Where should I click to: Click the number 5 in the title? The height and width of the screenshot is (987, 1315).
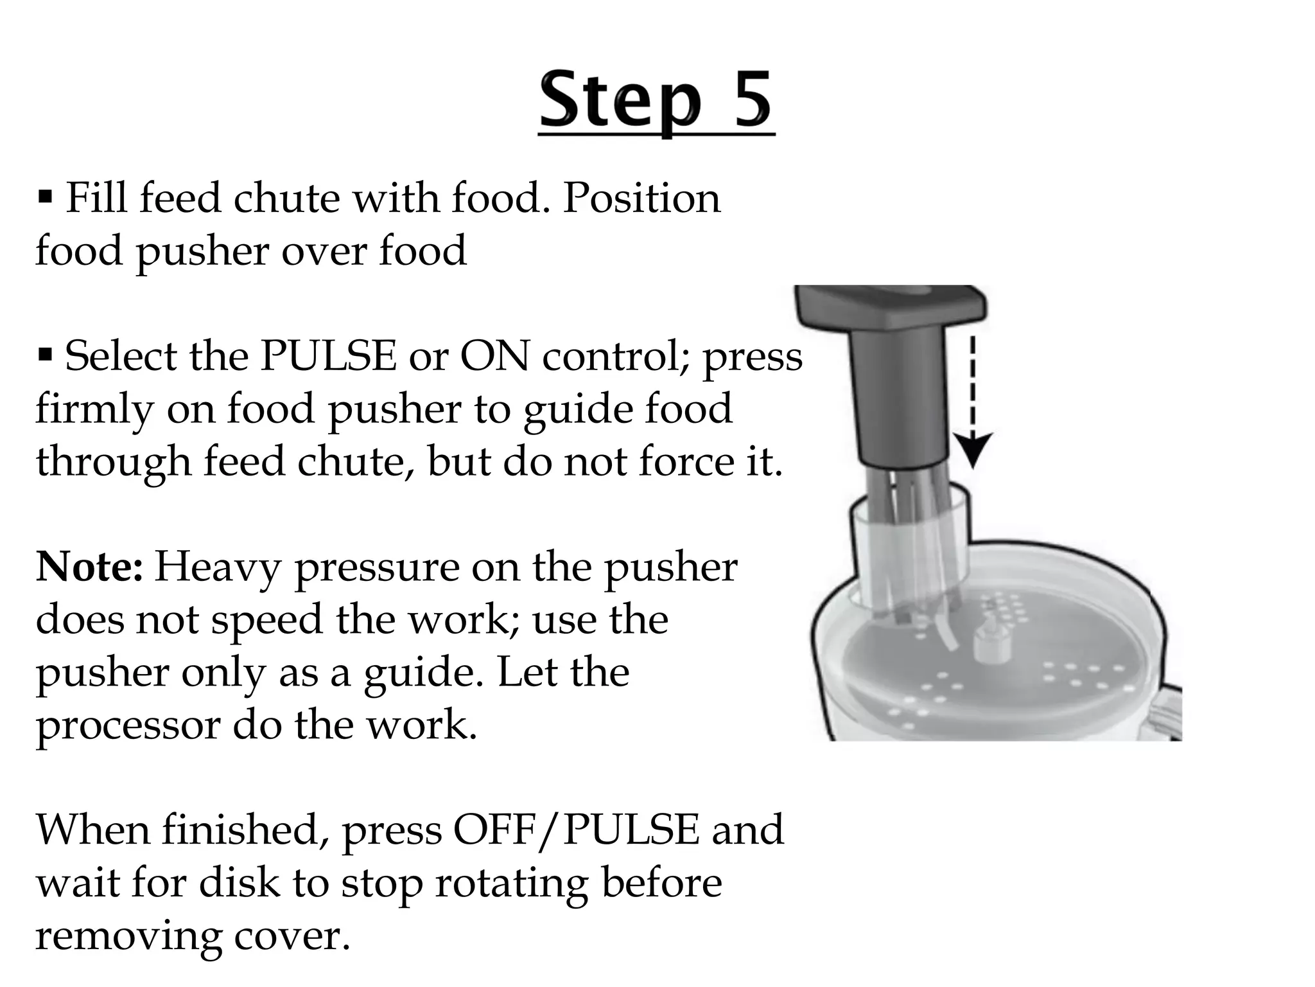745,100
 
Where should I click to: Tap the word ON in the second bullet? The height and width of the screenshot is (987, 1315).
494,356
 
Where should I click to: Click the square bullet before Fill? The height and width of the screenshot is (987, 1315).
45,196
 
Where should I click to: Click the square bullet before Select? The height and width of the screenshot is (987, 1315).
45,354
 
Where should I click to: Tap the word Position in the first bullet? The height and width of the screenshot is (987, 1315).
641,198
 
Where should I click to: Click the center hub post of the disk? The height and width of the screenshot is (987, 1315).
989,646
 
